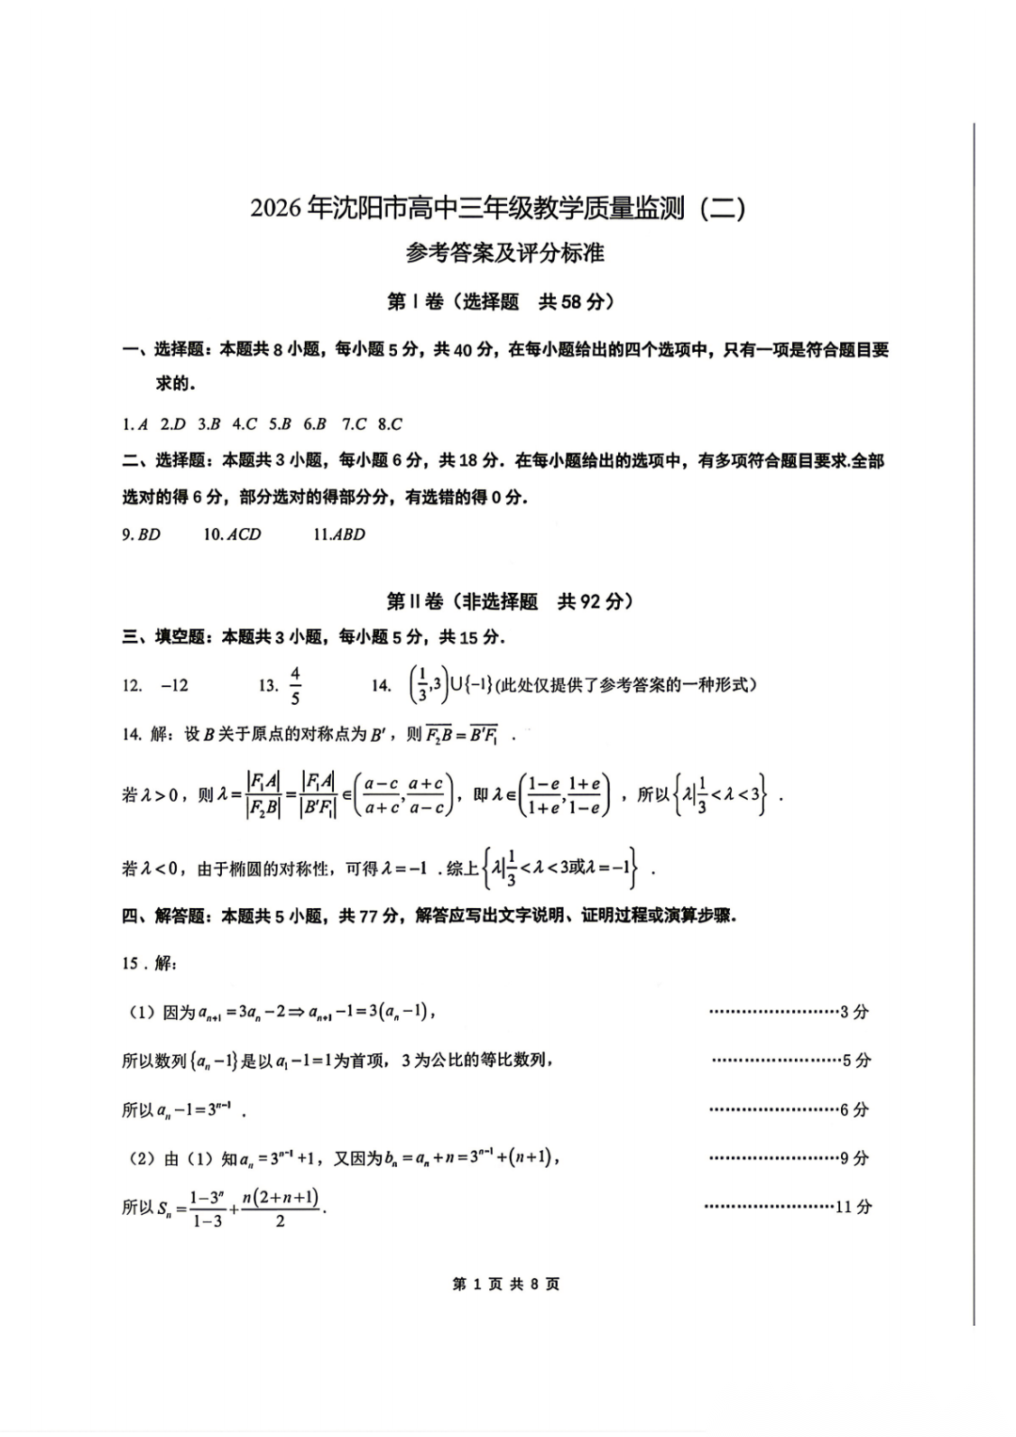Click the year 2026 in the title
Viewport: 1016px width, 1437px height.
[278, 208]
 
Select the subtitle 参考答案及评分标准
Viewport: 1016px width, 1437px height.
[504, 253]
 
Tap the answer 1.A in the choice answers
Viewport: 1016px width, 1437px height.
[135, 424]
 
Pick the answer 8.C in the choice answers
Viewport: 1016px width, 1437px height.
[389, 424]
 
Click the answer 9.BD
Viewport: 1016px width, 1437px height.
[141, 535]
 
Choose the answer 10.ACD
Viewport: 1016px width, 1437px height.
[232, 535]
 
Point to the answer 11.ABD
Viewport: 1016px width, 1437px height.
[339, 535]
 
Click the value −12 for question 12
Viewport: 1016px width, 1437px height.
[174, 686]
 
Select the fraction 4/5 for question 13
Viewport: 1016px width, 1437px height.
[295, 685]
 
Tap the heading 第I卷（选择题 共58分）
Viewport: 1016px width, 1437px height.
[500, 302]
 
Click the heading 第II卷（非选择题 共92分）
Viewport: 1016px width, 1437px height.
[510, 601]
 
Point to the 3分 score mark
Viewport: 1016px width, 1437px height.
[854, 1013]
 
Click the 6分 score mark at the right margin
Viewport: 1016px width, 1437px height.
[854, 1110]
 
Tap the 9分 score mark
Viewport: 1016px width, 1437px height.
[854, 1158]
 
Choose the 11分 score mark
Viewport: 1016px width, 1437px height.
[854, 1207]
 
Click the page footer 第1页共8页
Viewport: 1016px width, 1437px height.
[506, 1285]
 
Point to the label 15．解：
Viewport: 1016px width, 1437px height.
[149, 964]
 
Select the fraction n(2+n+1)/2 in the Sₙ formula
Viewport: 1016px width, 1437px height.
[280, 1208]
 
